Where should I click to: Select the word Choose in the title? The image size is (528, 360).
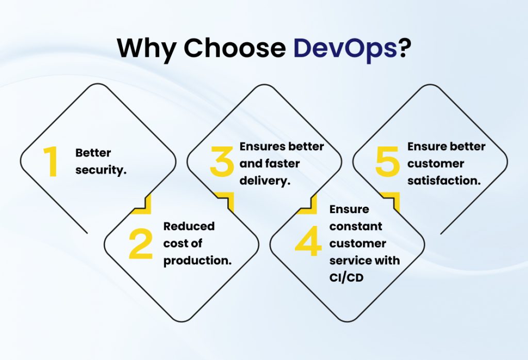235,48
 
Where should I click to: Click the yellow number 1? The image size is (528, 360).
51,161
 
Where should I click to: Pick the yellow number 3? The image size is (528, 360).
222,161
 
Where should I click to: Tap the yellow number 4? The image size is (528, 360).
308,243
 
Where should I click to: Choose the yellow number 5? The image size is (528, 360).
388,161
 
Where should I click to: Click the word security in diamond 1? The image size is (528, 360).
101,170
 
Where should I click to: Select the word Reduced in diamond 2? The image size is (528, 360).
189,226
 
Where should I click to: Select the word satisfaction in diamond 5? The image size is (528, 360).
444,181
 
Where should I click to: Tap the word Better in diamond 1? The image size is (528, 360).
93,153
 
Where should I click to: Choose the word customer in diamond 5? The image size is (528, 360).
435,163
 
